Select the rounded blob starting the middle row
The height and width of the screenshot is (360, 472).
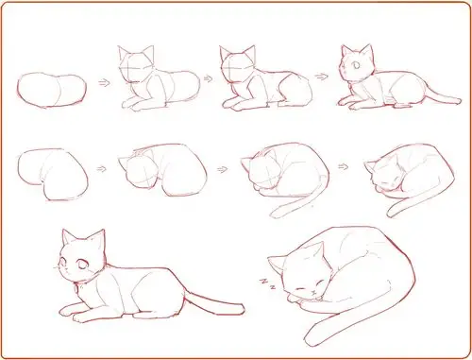pos(52,173)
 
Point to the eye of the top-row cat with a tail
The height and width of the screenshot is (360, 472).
pos(354,66)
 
